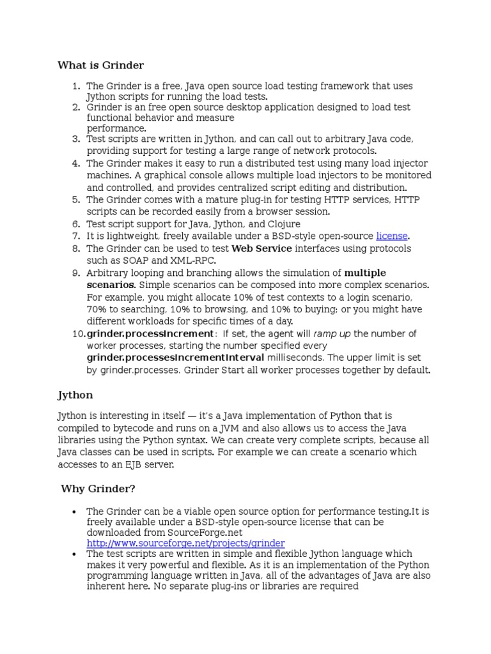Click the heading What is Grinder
[x=100, y=65]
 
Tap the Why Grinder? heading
[x=98, y=489]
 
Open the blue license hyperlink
[x=391, y=236]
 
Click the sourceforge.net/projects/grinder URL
[x=185, y=543]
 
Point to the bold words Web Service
[x=261, y=248]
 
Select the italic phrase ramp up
[x=332, y=334]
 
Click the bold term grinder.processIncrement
[x=150, y=334]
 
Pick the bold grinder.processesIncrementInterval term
[x=175, y=358]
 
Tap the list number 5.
[x=75, y=200]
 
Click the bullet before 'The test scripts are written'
[x=75, y=554]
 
